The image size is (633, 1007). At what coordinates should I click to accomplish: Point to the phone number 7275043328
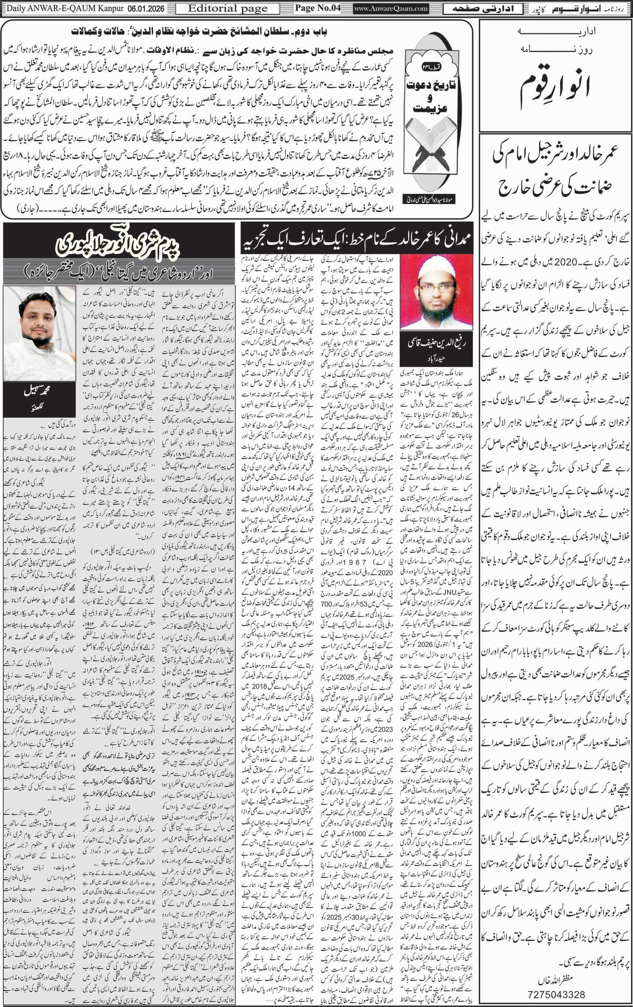tap(556, 994)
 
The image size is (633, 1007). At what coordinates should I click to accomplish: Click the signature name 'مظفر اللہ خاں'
tap(556, 983)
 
